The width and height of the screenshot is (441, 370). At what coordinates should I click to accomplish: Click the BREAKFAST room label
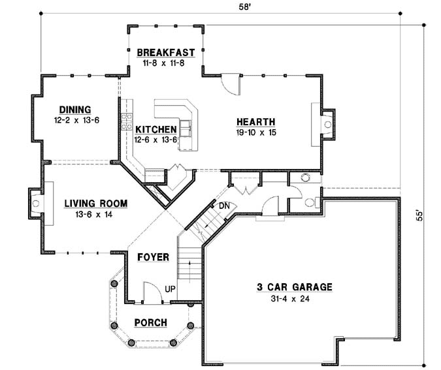pyautogui.click(x=167, y=52)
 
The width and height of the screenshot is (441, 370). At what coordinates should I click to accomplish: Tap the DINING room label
pyautogui.click(x=74, y=110)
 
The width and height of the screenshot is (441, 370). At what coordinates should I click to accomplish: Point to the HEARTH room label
pyautogui.click(x=255, y=122)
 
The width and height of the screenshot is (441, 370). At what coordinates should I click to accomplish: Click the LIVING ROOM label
pyautogui.click(x=95, y=204)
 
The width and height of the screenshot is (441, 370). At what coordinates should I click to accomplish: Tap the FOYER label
pyautogui.click(x=153, y=257)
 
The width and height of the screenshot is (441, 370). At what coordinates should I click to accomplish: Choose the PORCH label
pyautogui.click(x=150, y=322)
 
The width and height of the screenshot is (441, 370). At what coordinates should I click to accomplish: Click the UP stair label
pyautogui.click(x=170, y=288)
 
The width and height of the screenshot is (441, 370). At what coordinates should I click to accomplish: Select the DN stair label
pyautogui.click(x=224, y=206)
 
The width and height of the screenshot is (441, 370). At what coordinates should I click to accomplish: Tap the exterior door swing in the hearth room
pyautogui.click(x=232, y=84)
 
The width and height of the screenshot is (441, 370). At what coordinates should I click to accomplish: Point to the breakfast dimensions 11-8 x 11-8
pyautogui.click(x=167, y=63)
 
